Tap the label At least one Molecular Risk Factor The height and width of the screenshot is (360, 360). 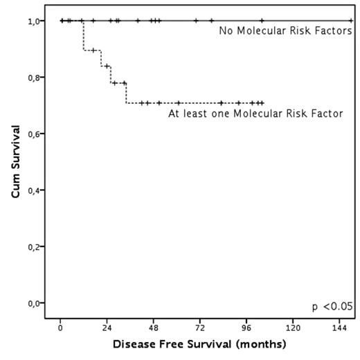(x=255, y=114)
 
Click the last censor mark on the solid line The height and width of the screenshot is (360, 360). (x=350, y=21)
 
